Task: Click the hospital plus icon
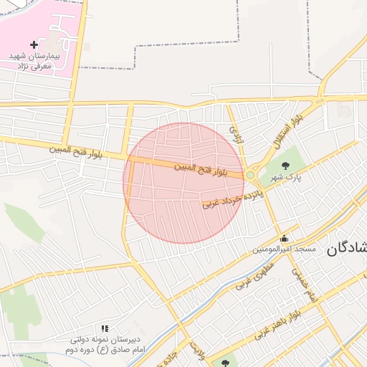(34, 44)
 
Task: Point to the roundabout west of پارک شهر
(250, 175)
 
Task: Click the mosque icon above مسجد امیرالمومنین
(285, 239)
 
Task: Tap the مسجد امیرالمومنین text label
(284, 249)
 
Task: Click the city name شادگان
(347, 249)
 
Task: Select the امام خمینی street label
(305, 285)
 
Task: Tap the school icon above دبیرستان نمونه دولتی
(105, 328)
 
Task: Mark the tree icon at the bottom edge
(225, 363)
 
